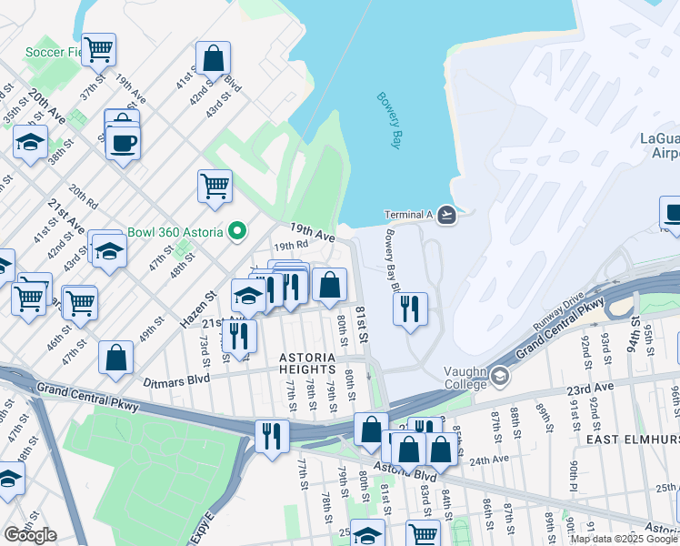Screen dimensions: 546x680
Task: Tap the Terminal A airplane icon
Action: [x=445, y=215]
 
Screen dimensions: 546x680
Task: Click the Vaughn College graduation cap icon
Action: [x=499, y=376]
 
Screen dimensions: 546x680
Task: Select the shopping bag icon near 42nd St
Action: [x=212, y=58]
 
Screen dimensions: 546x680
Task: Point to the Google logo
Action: [x=30, y=535]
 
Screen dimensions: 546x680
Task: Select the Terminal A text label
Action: [x=405, y=215]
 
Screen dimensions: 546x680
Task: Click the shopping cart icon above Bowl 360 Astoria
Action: [x=215, y=185]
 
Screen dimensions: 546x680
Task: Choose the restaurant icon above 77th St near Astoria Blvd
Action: [x=271, y=435]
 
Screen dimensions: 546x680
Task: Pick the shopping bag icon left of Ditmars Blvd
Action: [x=116, y=358]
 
